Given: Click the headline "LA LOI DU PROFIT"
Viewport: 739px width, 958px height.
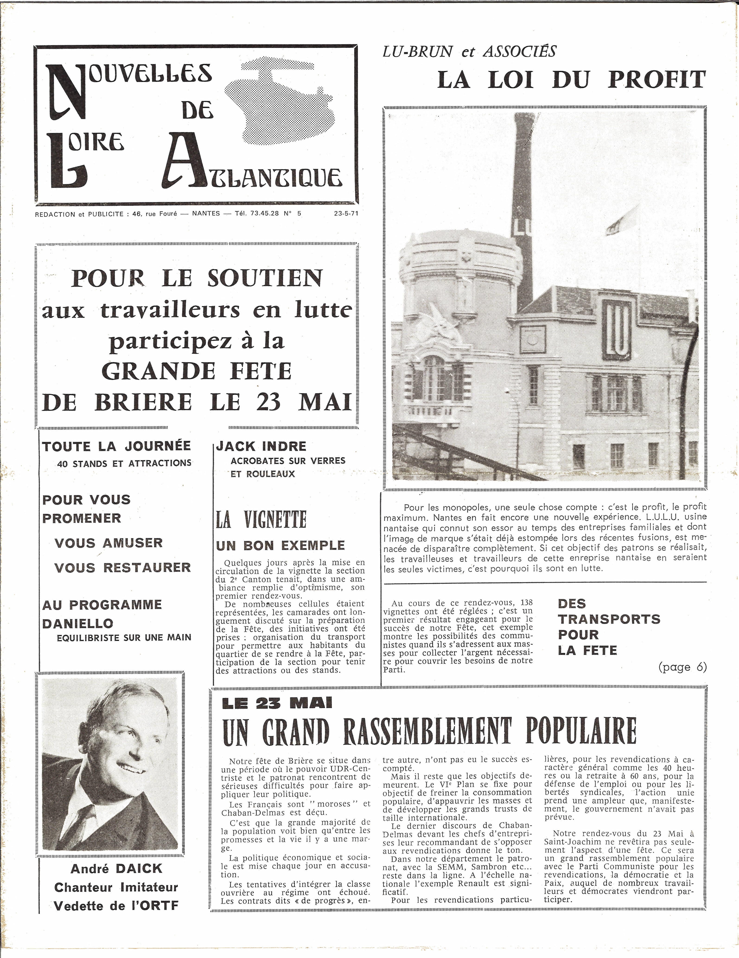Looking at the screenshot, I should [x=571, y=80].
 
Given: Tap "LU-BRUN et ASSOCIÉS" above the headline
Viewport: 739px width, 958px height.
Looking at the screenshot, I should [x=469, y=52].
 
